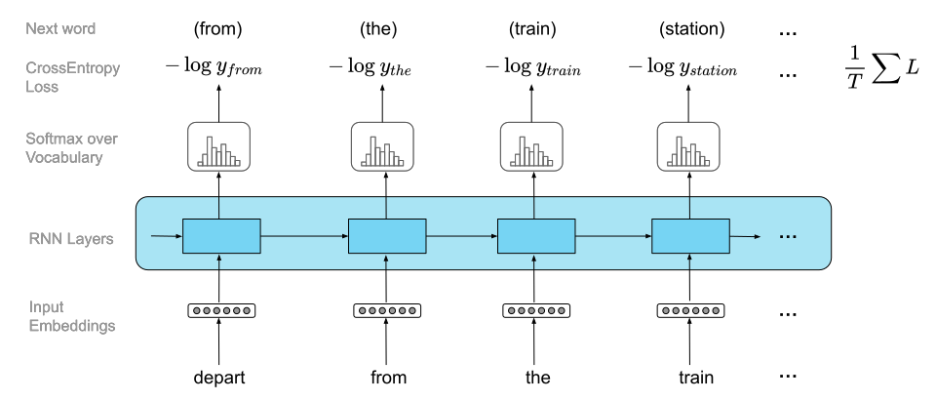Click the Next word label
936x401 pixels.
click(60, 29)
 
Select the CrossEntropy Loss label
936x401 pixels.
click(72, 78)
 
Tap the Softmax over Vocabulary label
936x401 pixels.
click(71, 148)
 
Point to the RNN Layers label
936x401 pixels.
click(71, 237)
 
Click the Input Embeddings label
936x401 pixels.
click(71, 317)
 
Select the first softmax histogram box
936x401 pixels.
click(218, 146)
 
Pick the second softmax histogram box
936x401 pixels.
click(382, 146)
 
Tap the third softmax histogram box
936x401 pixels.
click(531, 146)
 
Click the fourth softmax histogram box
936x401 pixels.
click(687, 146)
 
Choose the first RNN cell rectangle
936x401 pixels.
click(221, 236)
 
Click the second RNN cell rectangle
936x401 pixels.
click(387, 236)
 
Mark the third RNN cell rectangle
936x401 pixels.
click(536, 236)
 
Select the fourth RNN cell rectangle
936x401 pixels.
click(690, 236)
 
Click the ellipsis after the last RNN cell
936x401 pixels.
click(788, 237)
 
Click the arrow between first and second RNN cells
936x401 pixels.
click(304, 236)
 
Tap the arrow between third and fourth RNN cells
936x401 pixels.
click(613, 236)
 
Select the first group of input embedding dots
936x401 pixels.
click(221, 311)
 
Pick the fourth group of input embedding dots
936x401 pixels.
click(690, 311)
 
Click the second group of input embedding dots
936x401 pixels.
click(387, 311)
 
